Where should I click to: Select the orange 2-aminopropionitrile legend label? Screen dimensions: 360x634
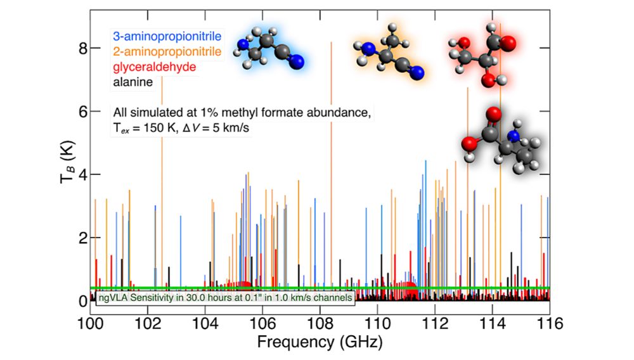(166, 51)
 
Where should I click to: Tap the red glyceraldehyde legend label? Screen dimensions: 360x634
(145, 67)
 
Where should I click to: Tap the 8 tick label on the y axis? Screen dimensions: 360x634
(74, 48)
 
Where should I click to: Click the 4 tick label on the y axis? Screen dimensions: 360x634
(74, 174)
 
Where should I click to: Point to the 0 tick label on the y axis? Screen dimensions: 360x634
(74, 300)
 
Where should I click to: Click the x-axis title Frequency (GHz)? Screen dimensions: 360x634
(320, 342)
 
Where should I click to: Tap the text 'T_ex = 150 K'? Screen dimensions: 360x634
(147, 127)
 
